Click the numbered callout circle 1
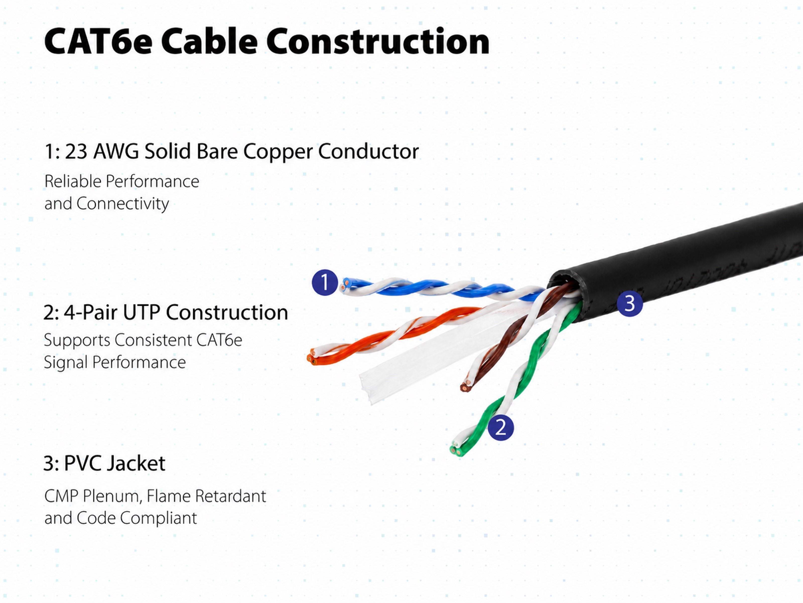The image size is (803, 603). point(324,282)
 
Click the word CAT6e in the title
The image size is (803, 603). point(98,41)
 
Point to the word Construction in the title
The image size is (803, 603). point(378,41)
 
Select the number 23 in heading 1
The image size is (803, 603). point(76,151)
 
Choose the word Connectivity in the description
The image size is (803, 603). point(123,204)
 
